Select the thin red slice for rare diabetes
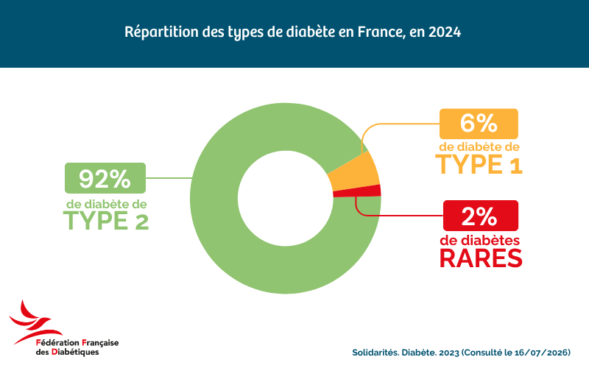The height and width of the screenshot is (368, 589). [x=358, y=191]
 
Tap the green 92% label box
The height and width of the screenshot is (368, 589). [x=105, y=178]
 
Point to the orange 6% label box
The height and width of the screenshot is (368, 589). [x=479, y=124]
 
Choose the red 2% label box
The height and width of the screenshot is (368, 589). [x=481, y=216]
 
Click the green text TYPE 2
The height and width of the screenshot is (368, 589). [x=106, y=221]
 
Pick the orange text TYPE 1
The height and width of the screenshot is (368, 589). [x=479, y=164]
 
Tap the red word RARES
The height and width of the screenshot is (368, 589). [x=481, y=258]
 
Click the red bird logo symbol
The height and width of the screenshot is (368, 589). [x=35, y=322]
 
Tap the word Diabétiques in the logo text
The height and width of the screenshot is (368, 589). [x=75, y=353]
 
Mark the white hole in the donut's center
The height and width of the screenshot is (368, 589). [x=286, y=198]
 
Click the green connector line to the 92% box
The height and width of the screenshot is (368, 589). [x=169, y=178]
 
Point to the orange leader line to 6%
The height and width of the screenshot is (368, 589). [x=391, y=124]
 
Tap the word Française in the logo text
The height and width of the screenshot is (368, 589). [x=100, y=343]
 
